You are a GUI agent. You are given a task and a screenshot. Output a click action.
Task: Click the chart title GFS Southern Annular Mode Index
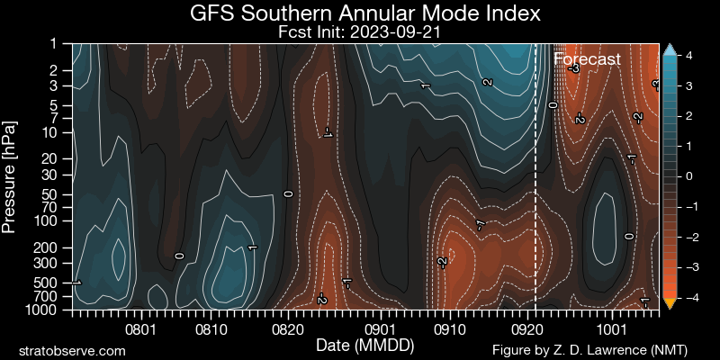pos(365,14)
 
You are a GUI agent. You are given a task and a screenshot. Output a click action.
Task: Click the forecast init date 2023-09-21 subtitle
pos(365,32)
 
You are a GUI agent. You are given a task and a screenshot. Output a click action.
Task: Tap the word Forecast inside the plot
pos(587,59)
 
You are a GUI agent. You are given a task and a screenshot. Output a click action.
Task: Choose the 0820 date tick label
pos(287,329)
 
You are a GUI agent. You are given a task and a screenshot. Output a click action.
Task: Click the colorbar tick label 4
pos(688,55)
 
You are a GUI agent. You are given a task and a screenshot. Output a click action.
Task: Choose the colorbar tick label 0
pos(688,176)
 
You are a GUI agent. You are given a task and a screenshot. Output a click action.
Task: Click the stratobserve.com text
pos(72,350)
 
